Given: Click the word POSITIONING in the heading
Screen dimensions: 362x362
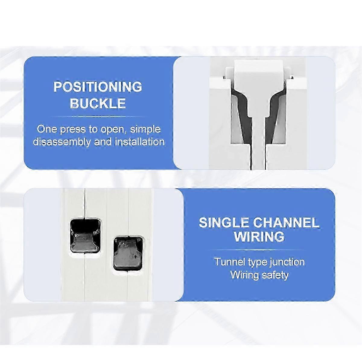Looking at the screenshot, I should (98, 87).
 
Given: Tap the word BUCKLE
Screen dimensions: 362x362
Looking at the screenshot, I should (98, 103).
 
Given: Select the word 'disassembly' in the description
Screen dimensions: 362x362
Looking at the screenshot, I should (62, 141).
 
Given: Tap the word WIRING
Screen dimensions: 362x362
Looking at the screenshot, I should (259, 237).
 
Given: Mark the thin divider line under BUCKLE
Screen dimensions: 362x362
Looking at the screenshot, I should (98, 116).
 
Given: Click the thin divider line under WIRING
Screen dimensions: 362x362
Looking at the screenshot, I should (259, 249).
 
